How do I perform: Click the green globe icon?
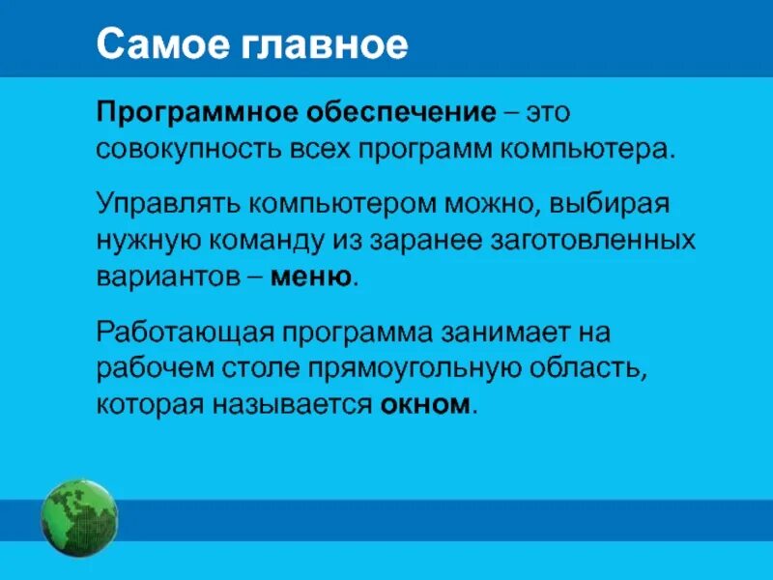click(x=78, y=518)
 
